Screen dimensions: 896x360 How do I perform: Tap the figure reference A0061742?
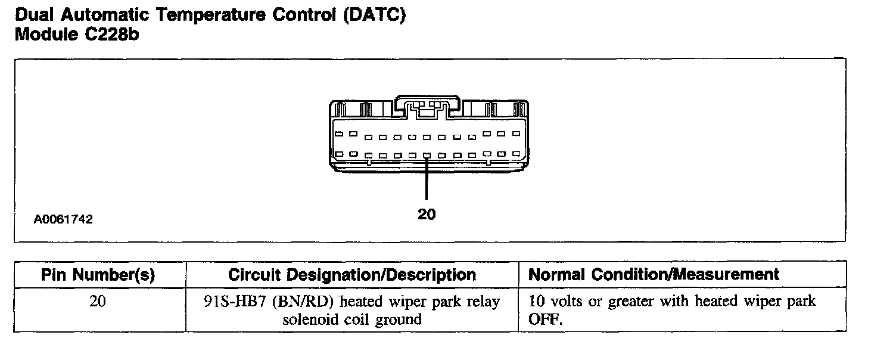63,219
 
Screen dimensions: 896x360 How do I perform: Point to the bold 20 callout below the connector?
427,214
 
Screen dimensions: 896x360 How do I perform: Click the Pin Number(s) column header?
98,275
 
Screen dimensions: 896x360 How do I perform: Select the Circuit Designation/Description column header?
352,275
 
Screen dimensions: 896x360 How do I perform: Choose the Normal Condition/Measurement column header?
654,275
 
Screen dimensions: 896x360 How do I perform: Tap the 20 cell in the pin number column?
98,302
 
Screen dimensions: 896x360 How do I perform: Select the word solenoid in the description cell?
309,319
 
